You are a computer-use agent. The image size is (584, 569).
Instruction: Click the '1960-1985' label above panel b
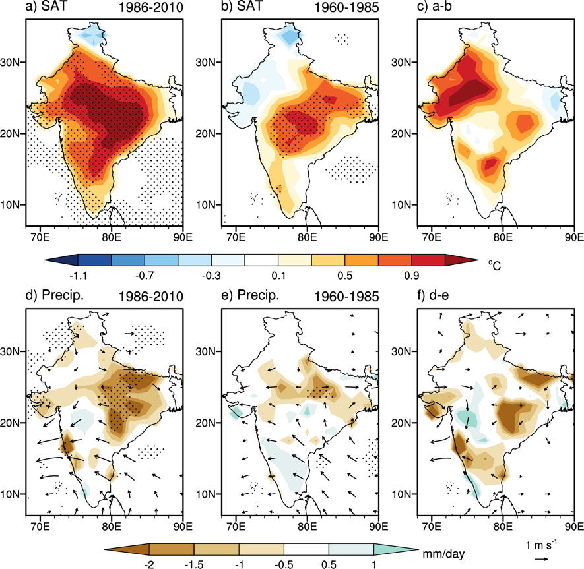(349, 9)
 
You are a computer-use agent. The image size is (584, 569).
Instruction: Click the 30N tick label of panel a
(13, 63)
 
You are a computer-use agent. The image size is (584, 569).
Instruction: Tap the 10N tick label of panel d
(13, 494)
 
